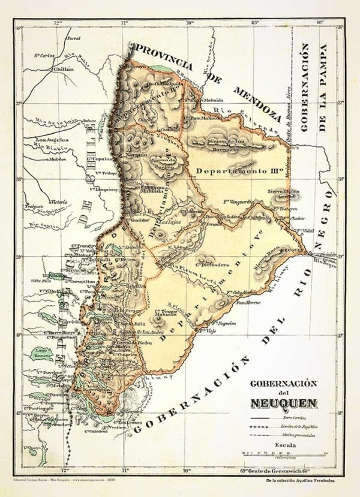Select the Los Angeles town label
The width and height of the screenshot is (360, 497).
tap(52, 140)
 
